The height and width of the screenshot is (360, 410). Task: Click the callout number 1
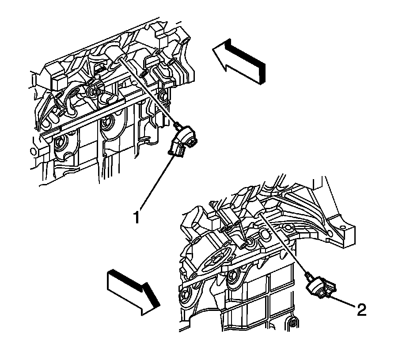[138, 217]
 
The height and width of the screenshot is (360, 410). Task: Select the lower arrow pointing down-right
[133, 292]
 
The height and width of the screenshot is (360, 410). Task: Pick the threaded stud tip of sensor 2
[307, 276]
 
